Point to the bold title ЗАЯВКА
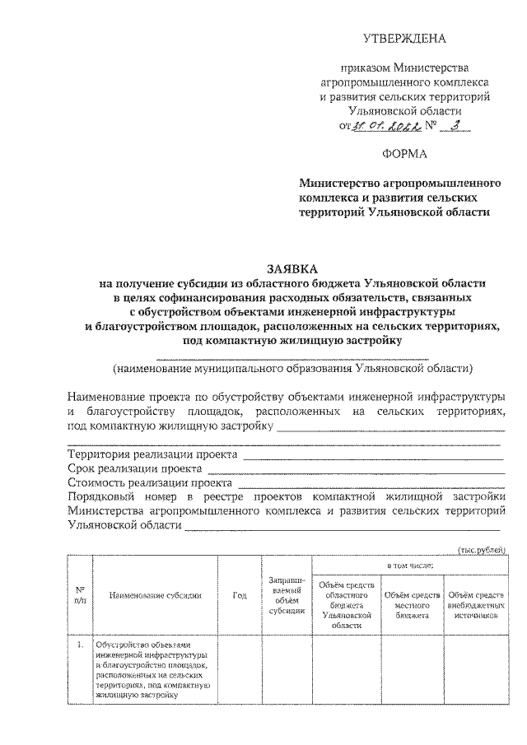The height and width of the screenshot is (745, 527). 291,268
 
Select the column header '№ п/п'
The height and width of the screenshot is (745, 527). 80,594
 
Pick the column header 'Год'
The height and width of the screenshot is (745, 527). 240,594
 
